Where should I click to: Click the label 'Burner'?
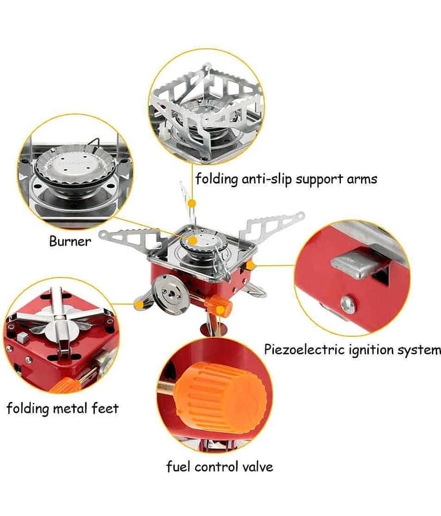coord(70,243)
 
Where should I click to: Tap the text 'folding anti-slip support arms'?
coord(286,178)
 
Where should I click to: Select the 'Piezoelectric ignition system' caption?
coord(353,350)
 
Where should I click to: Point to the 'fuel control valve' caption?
coord(220,466)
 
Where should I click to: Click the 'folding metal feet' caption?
coord(63,408)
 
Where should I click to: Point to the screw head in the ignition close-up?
coord(348,303)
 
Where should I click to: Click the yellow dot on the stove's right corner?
coord(251,264)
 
